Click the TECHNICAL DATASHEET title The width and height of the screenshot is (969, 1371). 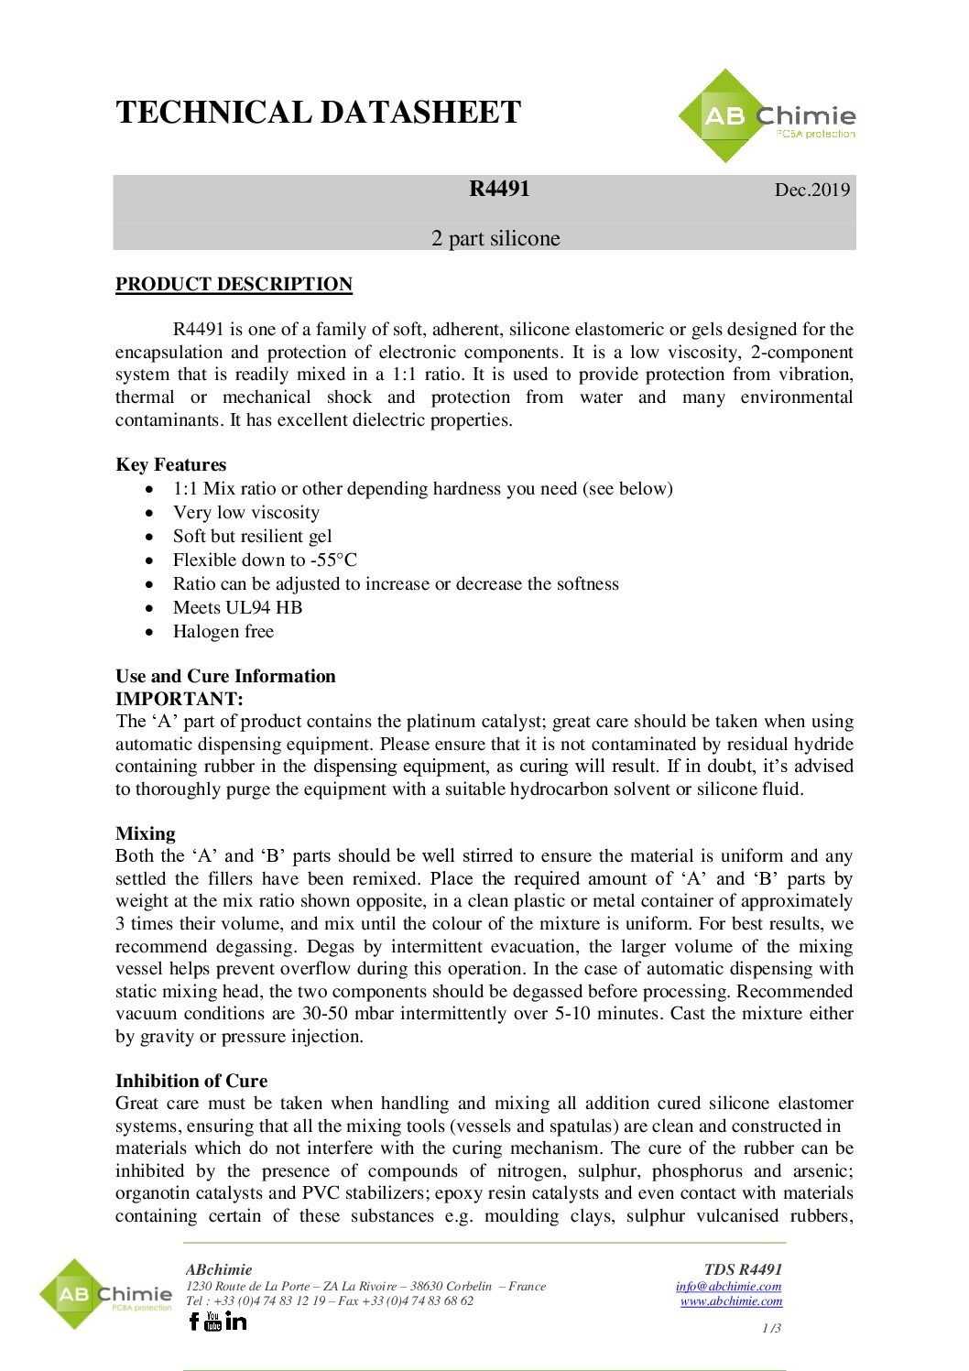point(318,113)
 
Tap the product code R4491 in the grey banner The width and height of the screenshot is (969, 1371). point(499,189)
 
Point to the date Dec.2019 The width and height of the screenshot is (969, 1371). point(811,190)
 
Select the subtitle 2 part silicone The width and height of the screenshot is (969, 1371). point(495,238)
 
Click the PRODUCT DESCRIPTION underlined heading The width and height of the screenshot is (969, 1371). point(234,284)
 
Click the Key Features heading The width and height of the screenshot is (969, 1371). point(170,464)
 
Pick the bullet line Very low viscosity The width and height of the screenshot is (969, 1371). point(245,512)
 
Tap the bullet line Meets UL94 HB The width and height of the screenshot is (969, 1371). point(237,607)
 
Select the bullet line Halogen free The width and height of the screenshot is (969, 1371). point(223,631)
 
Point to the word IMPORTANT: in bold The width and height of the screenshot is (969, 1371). point(179,699)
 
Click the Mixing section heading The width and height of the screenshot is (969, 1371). point(145,833)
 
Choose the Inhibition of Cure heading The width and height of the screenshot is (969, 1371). point(191,1081)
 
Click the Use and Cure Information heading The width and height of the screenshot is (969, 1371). point(225,676)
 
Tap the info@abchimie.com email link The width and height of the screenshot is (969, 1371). point(728,1286)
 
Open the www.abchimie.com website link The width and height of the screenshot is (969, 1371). point(731,1300)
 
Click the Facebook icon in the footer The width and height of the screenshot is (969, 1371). point(193,1321)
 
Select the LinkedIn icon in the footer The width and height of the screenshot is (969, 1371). point(236,1321)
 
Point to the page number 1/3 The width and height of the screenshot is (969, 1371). point(771,1328)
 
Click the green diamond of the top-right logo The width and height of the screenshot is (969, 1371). point(724,116)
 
